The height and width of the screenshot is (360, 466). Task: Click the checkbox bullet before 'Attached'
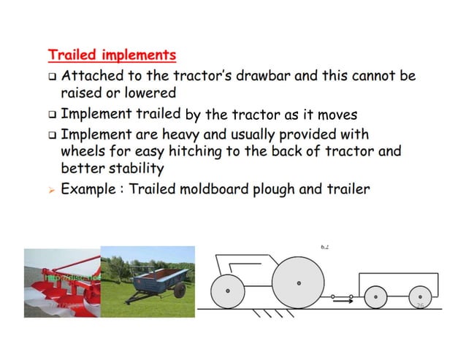click(52, 76)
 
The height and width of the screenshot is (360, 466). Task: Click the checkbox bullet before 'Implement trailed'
click(52, 115)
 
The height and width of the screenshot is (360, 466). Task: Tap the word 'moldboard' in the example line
click(225, 189)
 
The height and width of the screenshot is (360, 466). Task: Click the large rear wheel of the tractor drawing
click(298, 283)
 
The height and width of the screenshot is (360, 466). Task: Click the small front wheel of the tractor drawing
click(228, 291)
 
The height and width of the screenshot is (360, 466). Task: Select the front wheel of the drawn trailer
click(375, 296)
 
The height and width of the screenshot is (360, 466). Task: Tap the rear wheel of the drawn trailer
click(419, 296)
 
